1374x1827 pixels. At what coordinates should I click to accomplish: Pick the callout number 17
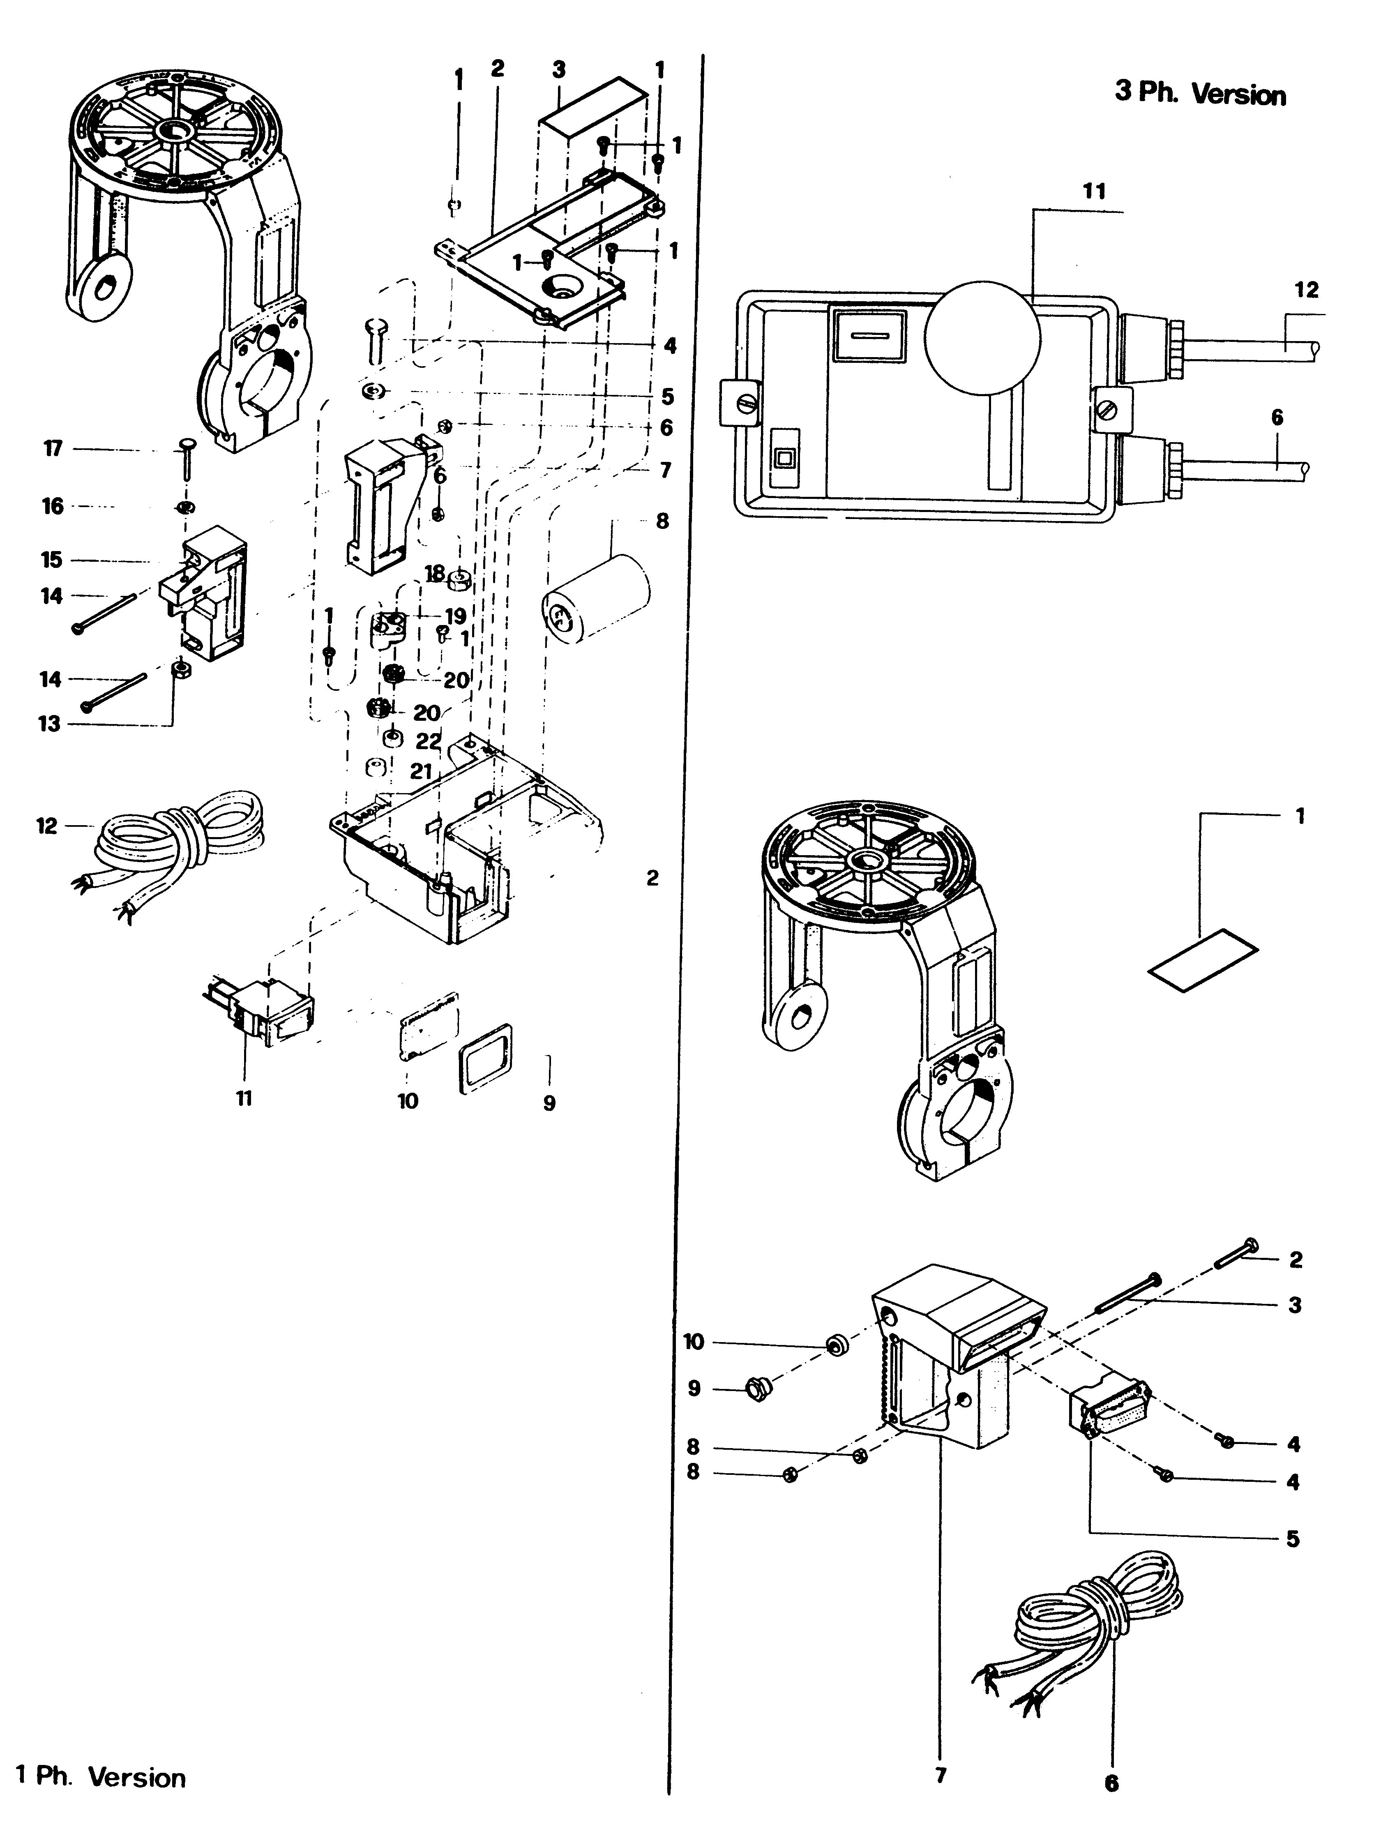[x=53, y=449]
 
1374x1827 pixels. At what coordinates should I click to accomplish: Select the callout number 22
[x=428, y=741]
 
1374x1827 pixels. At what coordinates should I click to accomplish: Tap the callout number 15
[x=51, y=560]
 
